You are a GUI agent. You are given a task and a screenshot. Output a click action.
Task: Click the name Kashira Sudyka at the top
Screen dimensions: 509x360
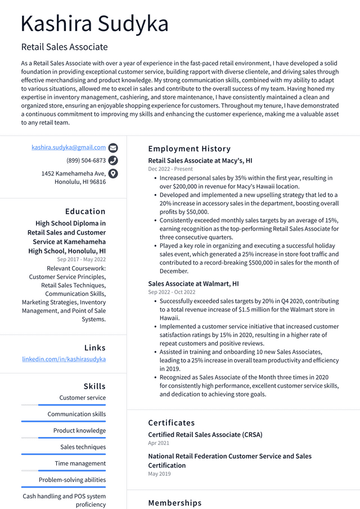(94, 24)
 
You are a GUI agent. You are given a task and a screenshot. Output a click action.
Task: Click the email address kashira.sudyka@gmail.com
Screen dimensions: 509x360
(69, 147)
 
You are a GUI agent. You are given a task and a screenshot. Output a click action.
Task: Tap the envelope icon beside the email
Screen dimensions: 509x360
(113, 148)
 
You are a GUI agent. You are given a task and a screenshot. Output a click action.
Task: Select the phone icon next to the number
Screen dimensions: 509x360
(113, 160)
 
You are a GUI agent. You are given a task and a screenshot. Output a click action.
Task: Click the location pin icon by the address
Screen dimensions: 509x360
(113, 173)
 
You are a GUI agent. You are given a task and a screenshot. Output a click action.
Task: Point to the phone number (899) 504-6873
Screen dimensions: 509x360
(86, 160)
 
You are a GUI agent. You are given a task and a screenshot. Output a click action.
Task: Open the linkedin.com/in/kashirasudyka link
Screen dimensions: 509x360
(64, 359)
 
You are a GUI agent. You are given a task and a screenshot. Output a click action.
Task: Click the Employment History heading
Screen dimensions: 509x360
(189, 149)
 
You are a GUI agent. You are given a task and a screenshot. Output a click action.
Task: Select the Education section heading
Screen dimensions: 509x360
(85, 211)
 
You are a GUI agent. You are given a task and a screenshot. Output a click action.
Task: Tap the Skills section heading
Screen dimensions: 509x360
(94, 386)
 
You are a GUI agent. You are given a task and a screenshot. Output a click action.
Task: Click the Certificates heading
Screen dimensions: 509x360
(171, 423)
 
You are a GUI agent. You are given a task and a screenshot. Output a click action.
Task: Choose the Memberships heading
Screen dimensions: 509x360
(174, 503)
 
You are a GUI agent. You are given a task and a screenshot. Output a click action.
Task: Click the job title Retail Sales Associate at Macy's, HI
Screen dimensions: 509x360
(200, 160)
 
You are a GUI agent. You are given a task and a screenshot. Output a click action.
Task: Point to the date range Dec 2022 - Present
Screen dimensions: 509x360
(170, 169)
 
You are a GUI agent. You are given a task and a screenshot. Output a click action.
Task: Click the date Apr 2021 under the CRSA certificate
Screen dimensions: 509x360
(159, 443)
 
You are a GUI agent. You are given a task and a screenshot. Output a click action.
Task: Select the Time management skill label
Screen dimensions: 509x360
(80, 463)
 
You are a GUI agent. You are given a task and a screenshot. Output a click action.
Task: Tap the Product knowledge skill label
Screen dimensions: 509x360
(79, 431)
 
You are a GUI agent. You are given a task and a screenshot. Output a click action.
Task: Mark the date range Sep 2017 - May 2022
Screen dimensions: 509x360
(81, 259)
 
